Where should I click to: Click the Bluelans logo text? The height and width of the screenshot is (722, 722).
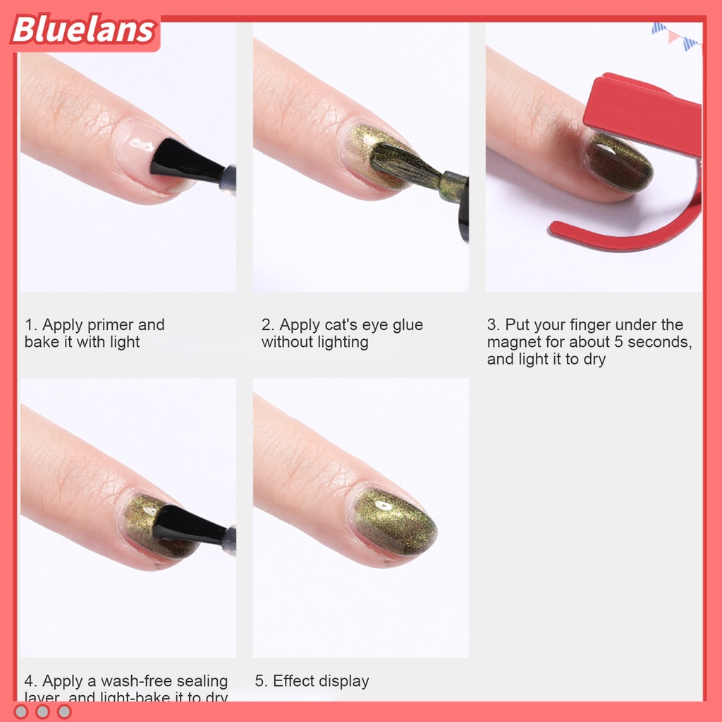coord(83,30)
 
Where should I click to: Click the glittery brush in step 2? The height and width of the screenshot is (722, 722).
coord(405,166)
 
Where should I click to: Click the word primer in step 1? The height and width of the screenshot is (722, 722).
coord(111,325)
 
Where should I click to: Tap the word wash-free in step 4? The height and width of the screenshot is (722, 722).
coord(134,681)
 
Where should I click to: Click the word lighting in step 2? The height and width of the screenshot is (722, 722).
coord(341,342)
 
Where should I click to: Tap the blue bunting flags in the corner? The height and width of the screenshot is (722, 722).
coord(674,34)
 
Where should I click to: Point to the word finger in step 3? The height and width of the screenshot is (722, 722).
coord(568,325)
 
